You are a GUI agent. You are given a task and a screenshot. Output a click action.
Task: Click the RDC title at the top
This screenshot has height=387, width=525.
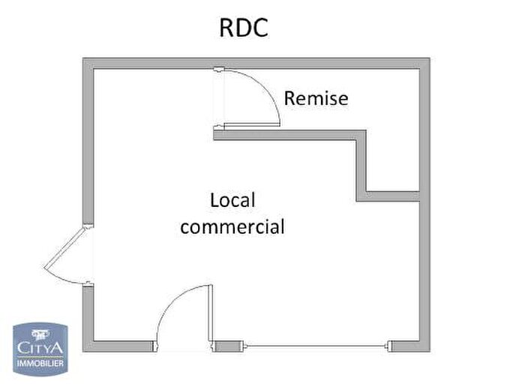pyautogui.click(x=244, y=28)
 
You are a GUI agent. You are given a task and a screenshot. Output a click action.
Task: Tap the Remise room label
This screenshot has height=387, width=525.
pyautogui.click(x=316, y=98)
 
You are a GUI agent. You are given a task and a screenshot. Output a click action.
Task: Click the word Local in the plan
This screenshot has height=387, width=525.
pyautogui.click(x=232, y=199)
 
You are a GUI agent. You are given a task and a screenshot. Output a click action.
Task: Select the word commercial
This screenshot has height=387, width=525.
pyautogui.click(x=232, y=226)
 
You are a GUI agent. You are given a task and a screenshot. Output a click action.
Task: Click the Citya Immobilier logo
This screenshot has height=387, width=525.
pyautogui.click(x=40, y=349)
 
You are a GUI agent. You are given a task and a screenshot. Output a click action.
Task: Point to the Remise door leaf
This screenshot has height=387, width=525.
pyautogui.click(x=252, y=124)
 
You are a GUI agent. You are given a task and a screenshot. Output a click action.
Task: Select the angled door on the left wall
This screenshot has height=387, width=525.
pyautogui.click(x=64, y=247)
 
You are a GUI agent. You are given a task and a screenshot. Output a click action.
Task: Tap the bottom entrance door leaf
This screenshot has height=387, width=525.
pyautogui.click(x=211, y=313)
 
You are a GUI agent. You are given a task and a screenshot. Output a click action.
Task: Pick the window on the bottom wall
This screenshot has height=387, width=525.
pyautogui.click(x=316, y=346)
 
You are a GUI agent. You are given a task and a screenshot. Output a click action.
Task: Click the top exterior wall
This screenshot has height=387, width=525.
pyautogui.click(x=256, y=63)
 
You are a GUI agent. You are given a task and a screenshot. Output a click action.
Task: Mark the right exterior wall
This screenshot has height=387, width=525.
pyautogui.click(x=424, y=205)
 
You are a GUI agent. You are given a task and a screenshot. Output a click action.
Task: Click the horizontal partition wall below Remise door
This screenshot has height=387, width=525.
pyautogui.click(x=289, y=135)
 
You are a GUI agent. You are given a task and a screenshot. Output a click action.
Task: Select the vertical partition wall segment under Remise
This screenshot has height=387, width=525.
pyautogui.click(x=361, y=166)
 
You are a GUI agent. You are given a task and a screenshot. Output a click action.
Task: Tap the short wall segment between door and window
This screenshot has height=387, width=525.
pyautogui.click(x=229, y=346)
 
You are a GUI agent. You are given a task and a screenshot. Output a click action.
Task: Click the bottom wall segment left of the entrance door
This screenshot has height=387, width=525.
pyautogui.click(x=118, y=346)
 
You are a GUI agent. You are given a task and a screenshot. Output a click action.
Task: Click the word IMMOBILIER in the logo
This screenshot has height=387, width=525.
pyautogui.click(x=40, y=363)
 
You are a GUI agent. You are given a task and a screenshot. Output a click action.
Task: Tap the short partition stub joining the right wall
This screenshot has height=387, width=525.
pyautogui.click(x=393, y=196)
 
